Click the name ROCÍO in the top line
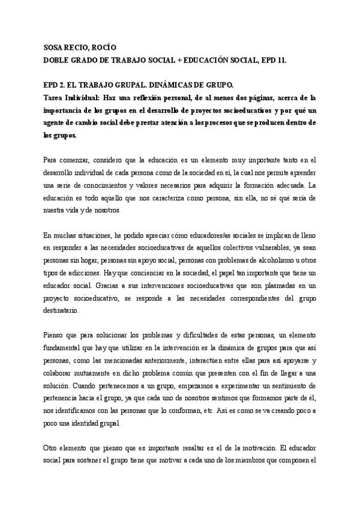103,47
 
